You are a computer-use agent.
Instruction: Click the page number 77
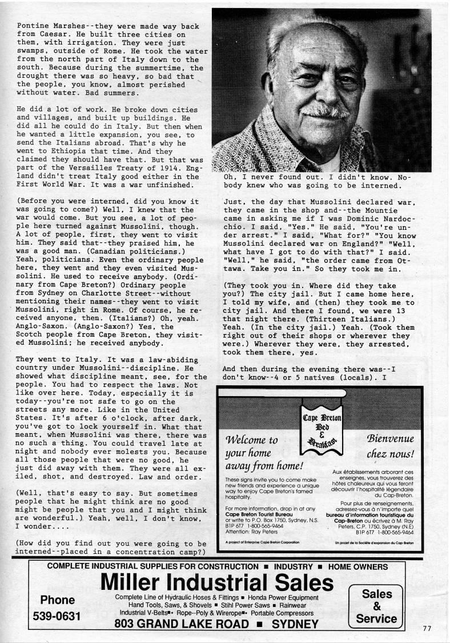click(427, 628)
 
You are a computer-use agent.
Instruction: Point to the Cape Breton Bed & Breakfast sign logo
click(322, 423)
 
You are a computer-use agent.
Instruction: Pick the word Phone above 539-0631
click(58, 600)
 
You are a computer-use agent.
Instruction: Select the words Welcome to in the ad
click(252, 440)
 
